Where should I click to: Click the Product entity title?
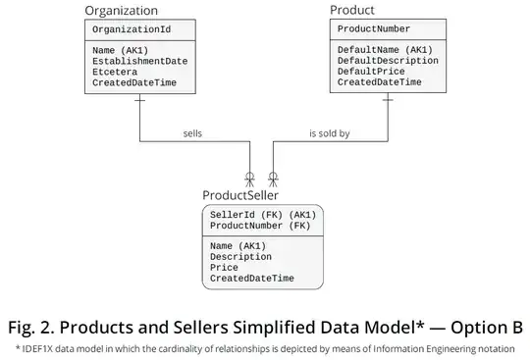352,10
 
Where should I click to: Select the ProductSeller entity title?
240,195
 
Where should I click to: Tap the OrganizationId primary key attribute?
132,29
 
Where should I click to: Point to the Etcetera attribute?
116,72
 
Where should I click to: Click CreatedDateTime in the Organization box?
134,83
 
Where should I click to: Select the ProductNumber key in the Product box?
374,29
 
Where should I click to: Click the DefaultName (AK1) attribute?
385,49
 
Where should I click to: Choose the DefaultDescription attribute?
389,60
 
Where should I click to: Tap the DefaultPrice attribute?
371,72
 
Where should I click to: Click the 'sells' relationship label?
192,132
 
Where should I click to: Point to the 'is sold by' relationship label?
329,132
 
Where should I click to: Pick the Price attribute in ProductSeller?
225,267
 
